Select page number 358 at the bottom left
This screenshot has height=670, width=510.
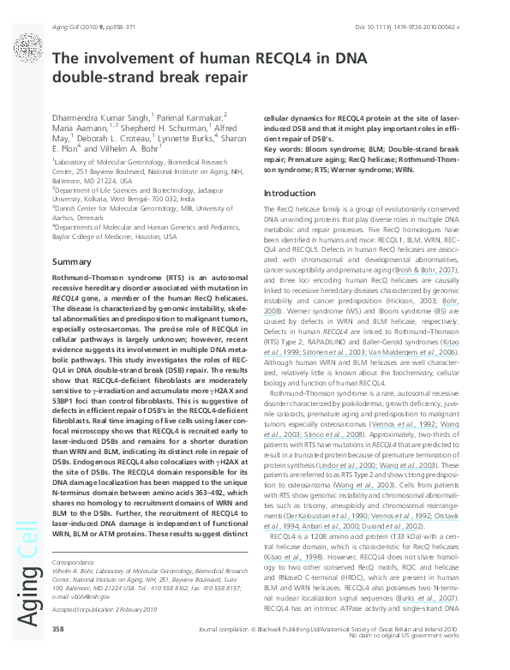coord(58,653)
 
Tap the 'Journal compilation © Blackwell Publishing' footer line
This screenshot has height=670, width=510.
coord(283,653)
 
